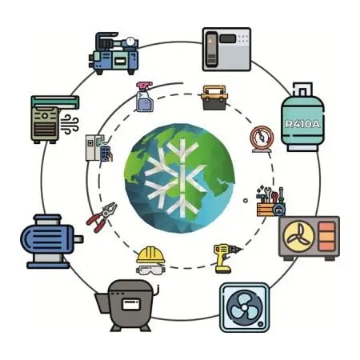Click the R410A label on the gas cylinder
(302, 124)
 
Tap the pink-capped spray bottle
(145, 97)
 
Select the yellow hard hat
(150, 254)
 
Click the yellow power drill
(226, 258)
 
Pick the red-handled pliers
(102, 217)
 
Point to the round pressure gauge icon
(262, 139)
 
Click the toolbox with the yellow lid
(214, 98)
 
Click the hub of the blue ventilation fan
(244, 307)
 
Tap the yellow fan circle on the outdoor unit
(298, 236)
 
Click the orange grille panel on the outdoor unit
(326, 236)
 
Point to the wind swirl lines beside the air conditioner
(70, 124)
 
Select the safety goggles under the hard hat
(150, 270)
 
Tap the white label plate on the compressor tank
(130, 304)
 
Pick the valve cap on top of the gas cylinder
(302, 90)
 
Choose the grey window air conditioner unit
(226, 50)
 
